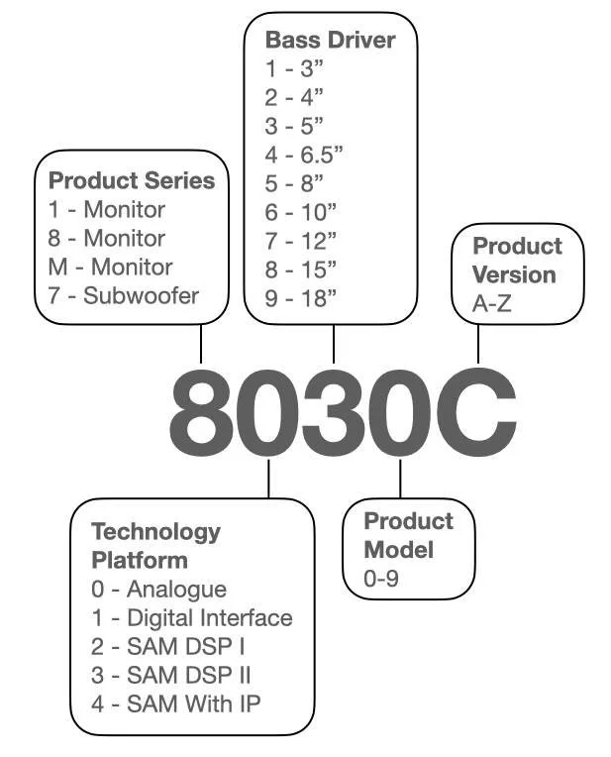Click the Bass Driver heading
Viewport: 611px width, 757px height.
(330, 41)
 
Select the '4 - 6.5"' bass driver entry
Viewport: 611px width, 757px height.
(303, 155)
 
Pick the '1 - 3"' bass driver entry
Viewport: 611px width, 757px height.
(294, 69)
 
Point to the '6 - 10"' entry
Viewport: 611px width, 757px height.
(301, 212)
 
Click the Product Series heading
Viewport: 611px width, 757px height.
(132, 180)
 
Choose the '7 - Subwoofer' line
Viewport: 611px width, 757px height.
(124, 295)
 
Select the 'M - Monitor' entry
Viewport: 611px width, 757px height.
(110, 267)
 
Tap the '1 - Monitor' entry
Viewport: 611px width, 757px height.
(107, 209)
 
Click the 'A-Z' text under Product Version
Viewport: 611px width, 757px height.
(492, 304)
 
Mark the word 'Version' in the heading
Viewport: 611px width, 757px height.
(514, 274)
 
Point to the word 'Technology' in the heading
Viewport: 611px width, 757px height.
(155, 531)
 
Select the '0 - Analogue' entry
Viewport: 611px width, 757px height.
(158, 590)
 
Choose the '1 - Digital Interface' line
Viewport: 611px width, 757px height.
(192, 618)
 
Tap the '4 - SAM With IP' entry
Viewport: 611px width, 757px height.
(175, 704)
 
